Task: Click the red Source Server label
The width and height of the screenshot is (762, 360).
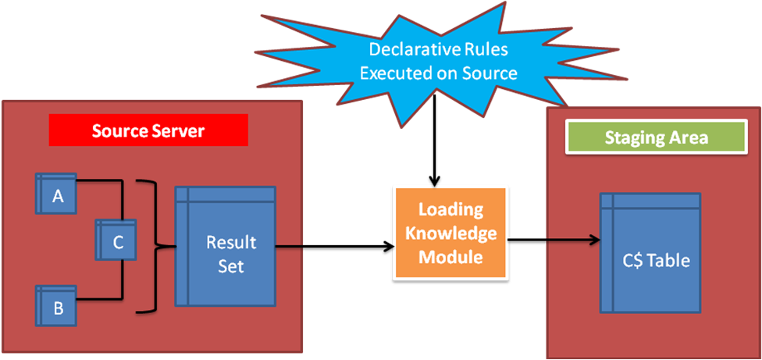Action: tap(148, 130)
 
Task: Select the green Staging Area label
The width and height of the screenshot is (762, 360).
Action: tap(657, 137)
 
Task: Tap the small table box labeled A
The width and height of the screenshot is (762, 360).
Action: tap(57, 195)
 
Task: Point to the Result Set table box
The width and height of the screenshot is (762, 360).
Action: tap(225, 246)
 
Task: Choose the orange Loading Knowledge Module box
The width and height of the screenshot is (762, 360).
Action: tap(450, 233)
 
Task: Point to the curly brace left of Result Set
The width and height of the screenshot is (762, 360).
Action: tap(154, 247)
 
